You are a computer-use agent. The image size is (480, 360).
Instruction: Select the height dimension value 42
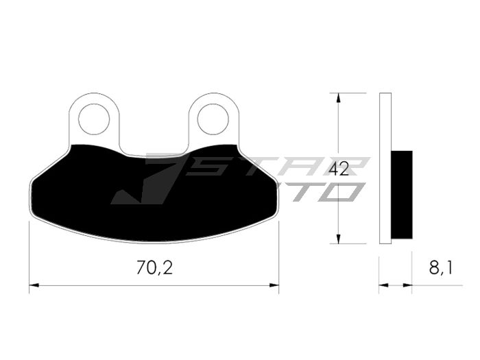[x=338, y=169]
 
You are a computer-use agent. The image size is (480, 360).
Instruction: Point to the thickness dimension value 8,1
[x=440, y=268]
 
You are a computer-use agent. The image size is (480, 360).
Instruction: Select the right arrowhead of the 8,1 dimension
[x=408, y=284]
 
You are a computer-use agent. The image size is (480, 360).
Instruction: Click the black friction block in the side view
[x=402, y=194]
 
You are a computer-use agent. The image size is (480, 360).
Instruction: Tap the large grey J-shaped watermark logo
[x=147, y=182]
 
